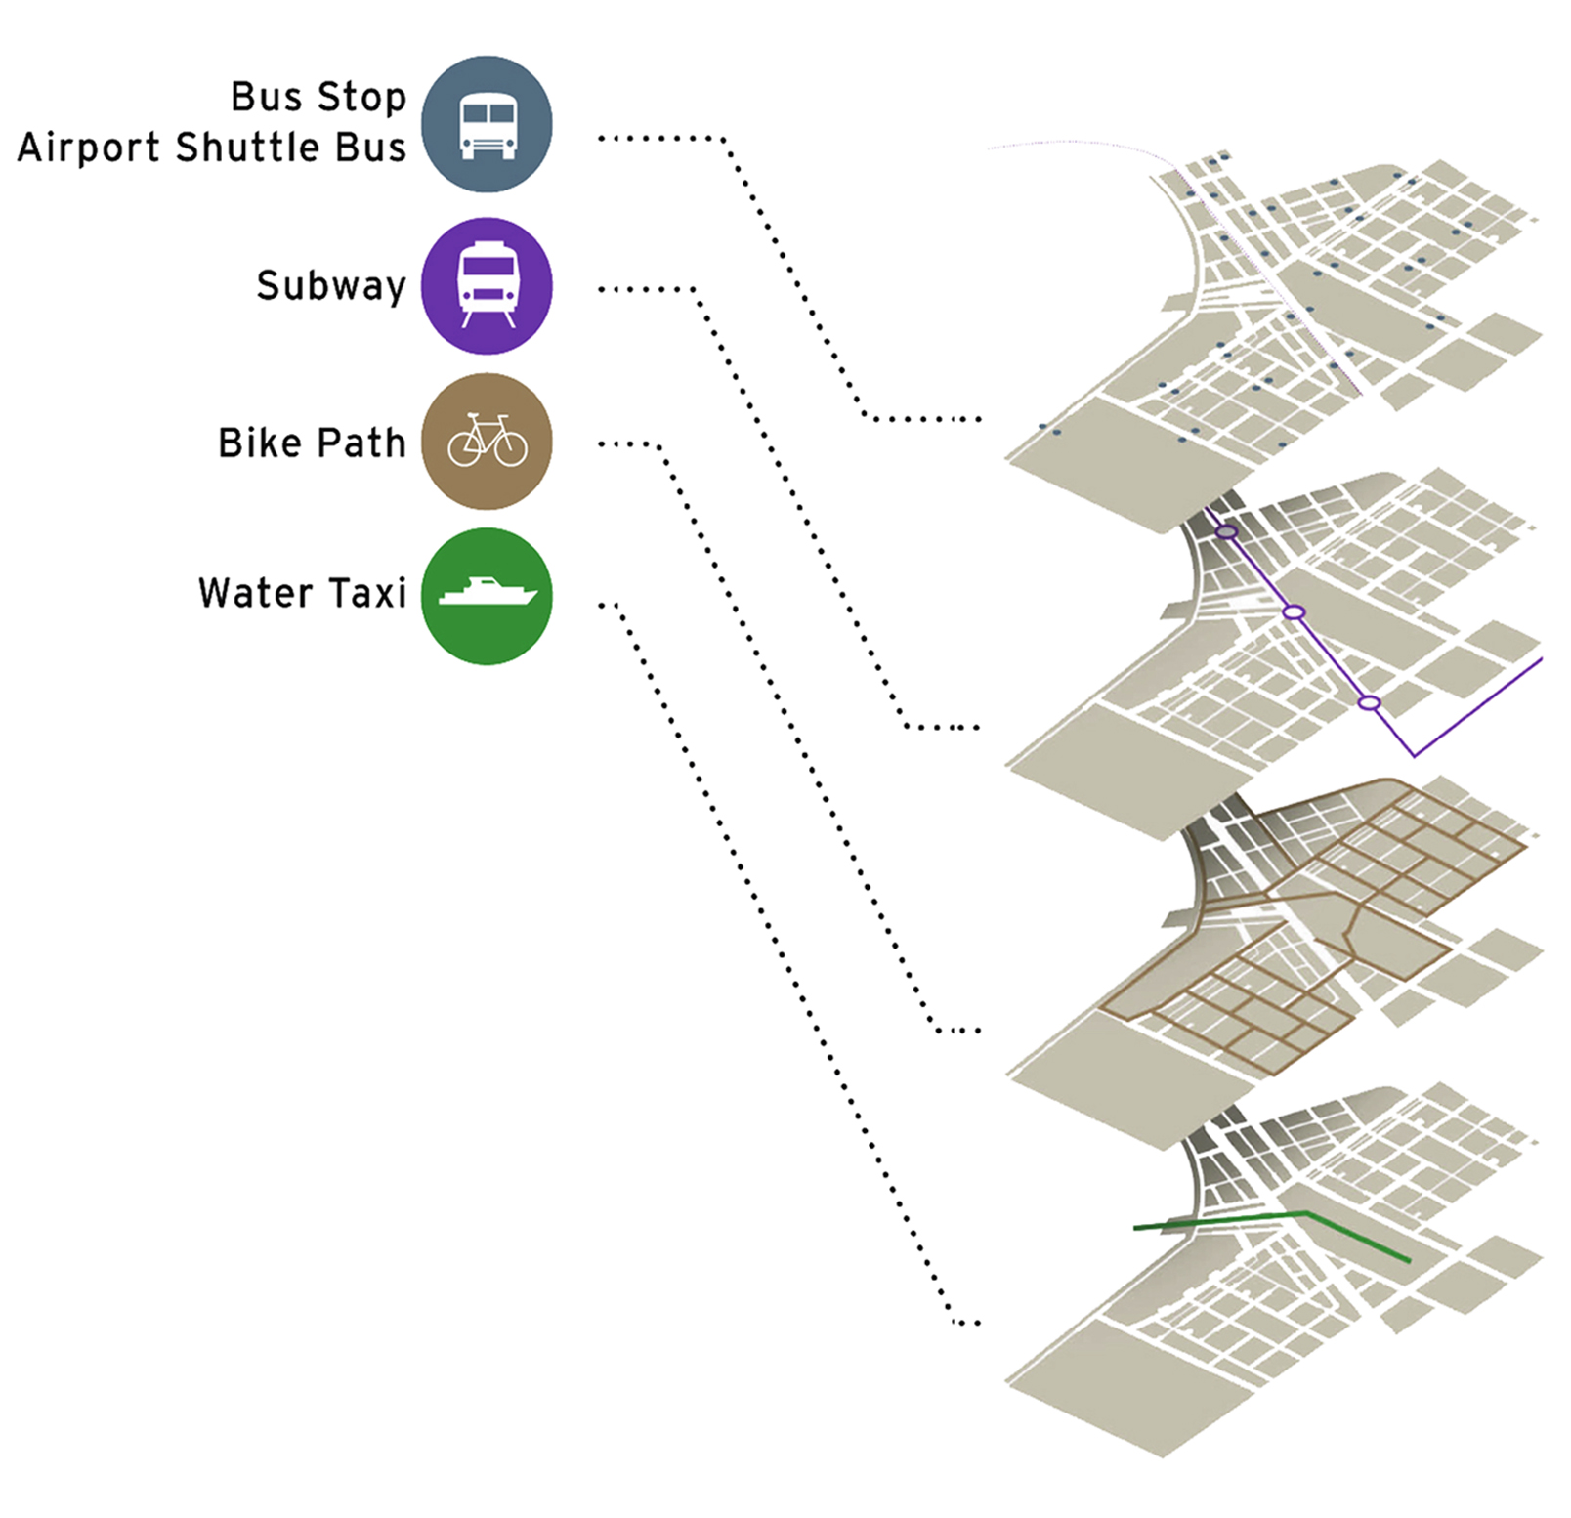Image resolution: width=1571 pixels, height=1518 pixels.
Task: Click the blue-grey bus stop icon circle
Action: (x=487, y=124)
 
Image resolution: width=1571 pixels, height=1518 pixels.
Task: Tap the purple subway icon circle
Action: (x=487, y=285)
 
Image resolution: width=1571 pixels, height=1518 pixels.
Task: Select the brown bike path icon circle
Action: (x=487, y=442)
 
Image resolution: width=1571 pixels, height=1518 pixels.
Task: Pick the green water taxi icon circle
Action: (x=487, y=596)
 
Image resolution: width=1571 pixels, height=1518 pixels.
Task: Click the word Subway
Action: (x=330, y=286)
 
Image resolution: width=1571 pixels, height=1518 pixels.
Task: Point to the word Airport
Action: (x=88, y=148)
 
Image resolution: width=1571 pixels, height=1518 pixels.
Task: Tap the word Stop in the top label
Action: (x=361, y=97)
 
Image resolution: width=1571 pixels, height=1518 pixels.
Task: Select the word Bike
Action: (x=260, y=443)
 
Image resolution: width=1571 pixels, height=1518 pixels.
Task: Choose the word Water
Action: (x=255, y=593)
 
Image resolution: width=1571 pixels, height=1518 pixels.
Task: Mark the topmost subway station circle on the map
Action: (x=1227, y=532)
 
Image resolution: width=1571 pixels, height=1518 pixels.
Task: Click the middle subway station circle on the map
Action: (x=1294, y=612)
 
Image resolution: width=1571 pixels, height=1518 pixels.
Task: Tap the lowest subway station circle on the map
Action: (x=1370, y=703)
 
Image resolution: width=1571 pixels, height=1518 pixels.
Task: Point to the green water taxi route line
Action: (x=1358, y=1237)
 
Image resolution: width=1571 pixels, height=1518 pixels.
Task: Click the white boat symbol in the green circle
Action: (x=487, y=592)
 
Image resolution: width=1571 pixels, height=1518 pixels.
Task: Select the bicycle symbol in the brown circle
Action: (x=487, y=442)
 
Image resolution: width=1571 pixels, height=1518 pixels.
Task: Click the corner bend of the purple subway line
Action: (x=1414, y=755)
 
